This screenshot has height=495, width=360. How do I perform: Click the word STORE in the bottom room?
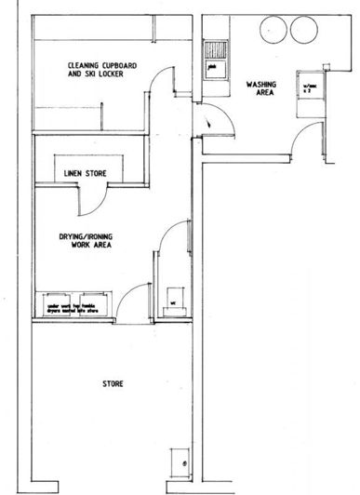(113, 383)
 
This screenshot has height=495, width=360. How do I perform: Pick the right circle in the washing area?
(304, 29)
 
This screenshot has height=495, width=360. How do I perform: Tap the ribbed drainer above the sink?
(215, 46)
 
